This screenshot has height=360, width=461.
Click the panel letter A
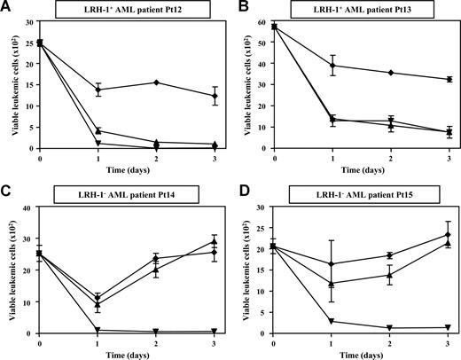[7, 8]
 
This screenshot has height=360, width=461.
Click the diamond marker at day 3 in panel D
[449, 235]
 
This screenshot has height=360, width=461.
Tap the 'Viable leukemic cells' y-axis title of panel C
[12, 270]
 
